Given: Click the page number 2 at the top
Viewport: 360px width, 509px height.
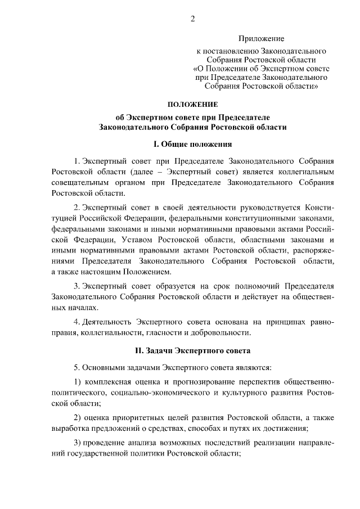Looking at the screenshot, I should [192, 19].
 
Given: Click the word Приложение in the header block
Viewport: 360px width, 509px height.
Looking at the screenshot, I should [261, 39].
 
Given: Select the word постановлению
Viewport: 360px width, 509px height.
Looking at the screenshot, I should [229, 51].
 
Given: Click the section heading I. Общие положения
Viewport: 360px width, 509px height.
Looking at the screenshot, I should [192, 144].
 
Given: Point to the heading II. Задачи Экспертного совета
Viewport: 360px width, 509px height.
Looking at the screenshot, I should [192, 350].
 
